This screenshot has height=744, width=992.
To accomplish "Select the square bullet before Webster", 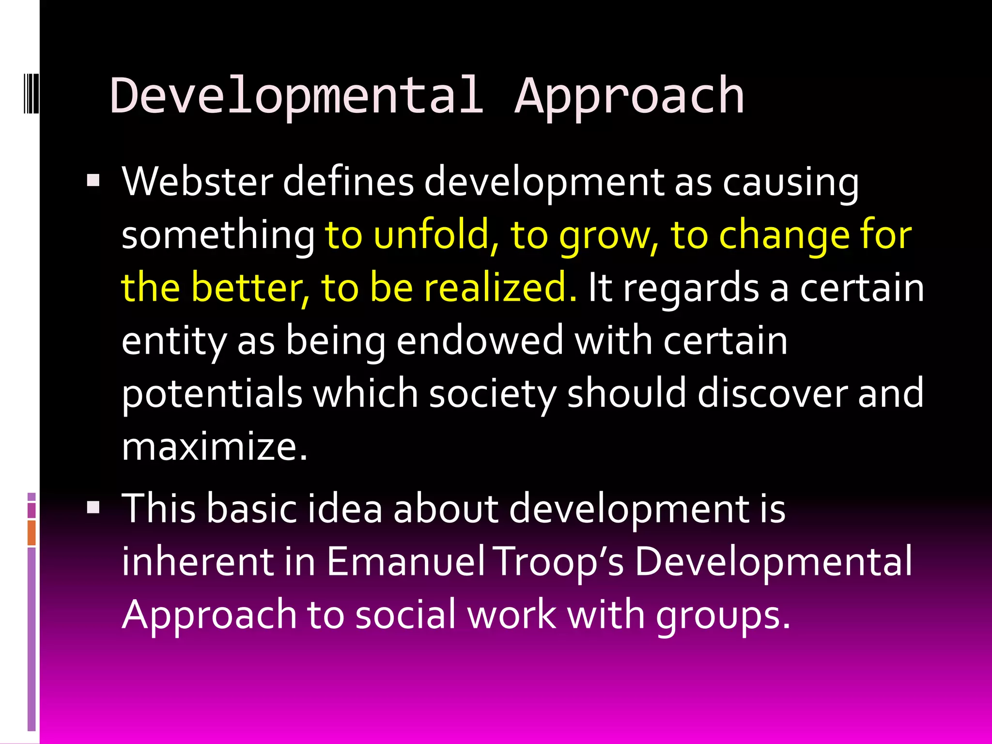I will pos(93,181).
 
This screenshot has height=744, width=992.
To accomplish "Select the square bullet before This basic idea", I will pos(93,507).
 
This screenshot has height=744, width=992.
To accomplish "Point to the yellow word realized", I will pos(500,287).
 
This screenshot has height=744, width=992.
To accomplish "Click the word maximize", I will pos(214,446).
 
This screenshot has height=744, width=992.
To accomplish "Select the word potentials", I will pos(212,393).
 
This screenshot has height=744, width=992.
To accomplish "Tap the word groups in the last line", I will pos(722,614).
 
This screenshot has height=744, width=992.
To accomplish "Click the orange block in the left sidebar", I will pos(31,532).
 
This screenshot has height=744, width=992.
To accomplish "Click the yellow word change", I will pos(784,235).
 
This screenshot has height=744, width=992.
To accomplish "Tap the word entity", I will pos(173,341).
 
